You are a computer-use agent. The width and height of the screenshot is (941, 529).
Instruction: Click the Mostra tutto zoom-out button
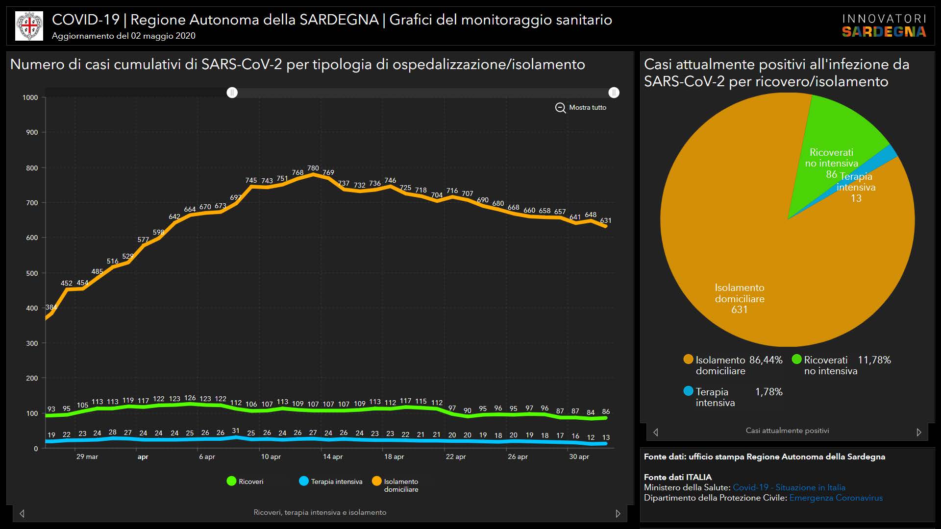tap(581, 107)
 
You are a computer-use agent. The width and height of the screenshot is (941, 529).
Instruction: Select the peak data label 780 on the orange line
tap(313, 168)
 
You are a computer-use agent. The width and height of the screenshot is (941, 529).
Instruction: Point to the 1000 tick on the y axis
tap(30, 97)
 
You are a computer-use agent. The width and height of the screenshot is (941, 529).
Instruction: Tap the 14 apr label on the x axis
tap(333, 457)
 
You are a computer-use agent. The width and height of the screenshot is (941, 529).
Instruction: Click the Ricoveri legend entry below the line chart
tap(245, 481)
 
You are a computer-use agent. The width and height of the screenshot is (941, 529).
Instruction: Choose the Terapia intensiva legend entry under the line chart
tap(331, 481)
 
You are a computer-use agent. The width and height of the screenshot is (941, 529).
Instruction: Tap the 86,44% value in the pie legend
tap(766, 360)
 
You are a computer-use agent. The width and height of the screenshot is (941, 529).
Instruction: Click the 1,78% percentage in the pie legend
tap(768, 392)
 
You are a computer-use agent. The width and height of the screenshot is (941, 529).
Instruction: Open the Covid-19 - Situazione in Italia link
tap(789, 487)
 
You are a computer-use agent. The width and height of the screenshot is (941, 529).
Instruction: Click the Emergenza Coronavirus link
tap(836, 498)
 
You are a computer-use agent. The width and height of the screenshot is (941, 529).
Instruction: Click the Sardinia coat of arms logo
tap(29, 26)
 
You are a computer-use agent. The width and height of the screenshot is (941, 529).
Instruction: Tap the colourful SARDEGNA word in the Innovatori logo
tap(884, 32)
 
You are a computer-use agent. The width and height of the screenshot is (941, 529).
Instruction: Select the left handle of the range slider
tap(232, 93)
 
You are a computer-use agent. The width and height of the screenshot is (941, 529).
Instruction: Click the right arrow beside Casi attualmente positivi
tap(919, 432)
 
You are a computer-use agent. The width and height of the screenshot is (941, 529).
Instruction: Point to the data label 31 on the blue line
tap(236, 431)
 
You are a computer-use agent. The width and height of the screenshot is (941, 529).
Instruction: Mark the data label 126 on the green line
tap(190, 398)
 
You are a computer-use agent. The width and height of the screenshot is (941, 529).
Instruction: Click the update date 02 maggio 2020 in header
tap(163, 36)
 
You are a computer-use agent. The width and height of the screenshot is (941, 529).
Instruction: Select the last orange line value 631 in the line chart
tap(606, 220)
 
